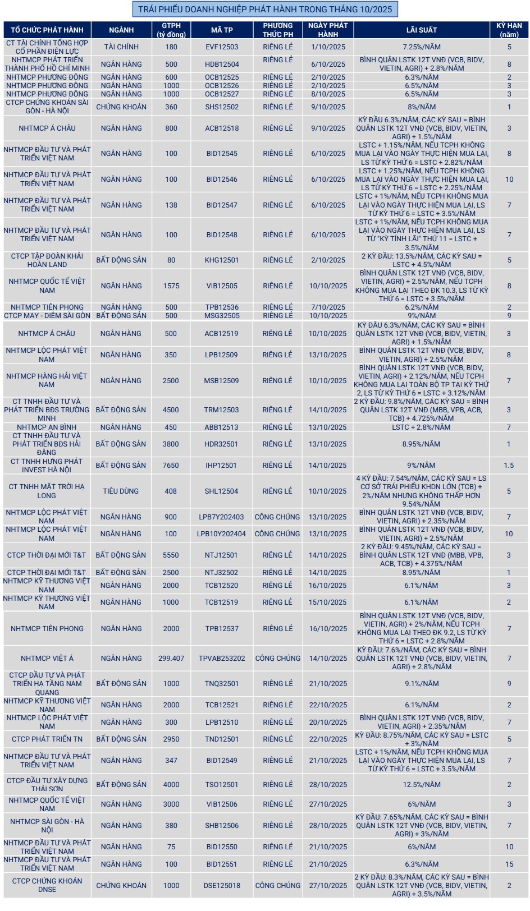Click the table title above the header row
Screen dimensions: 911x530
pyautogui.click(x=264, y=9)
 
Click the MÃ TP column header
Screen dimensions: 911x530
pyautogui.click(x=222, y=30)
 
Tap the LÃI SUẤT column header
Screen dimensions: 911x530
pyautogui.click(x=422, y=30)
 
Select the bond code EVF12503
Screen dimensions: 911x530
pyautogui.click(x=222, y=47)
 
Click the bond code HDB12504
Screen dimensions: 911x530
pyautogui.click(x=222, y=65)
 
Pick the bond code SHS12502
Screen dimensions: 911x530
pyautogui.click(x=222, y=107)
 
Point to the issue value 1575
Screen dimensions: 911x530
pyautogui.click(x=171, y=286)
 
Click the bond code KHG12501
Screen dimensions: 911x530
pyautogui.click(x=222, y=260)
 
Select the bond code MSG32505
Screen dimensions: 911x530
pyautogui.click(x=222, y=316)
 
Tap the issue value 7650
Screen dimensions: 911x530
pyautogui.click(x=171, y=466)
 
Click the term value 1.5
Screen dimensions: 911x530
pyautogui.click(x=509, y=466)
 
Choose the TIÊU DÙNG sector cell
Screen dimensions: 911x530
pyautogui.click(x=121, y=491)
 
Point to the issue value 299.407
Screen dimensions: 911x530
pyautogui.click(x=171, y=659)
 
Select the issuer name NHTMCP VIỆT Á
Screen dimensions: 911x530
pyautogui.click(x=47, y=659)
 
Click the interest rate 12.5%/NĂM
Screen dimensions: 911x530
pyautogui.click(x=422, y=785)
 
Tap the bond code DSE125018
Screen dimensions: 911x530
pyautogui.click(x=222, y=886)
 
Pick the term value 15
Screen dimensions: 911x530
pyautogui.click(x=509, y=864)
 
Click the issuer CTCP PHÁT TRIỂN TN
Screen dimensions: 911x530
pyautogui.click(x=47, y=739)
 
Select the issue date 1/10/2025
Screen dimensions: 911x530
pyautogui.click(x=328, y=47)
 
